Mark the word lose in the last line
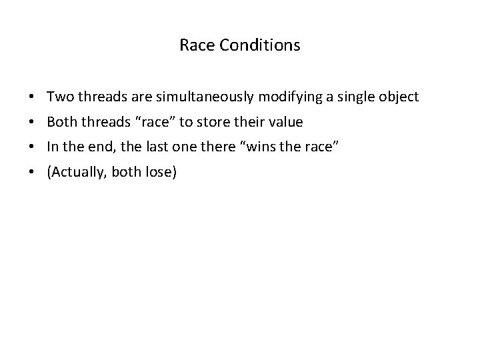coord(159,173)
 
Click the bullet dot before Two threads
coord(32,98)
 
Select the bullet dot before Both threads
coord(32,123)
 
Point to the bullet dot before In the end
coord(32,149)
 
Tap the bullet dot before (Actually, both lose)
coord(32,174)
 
